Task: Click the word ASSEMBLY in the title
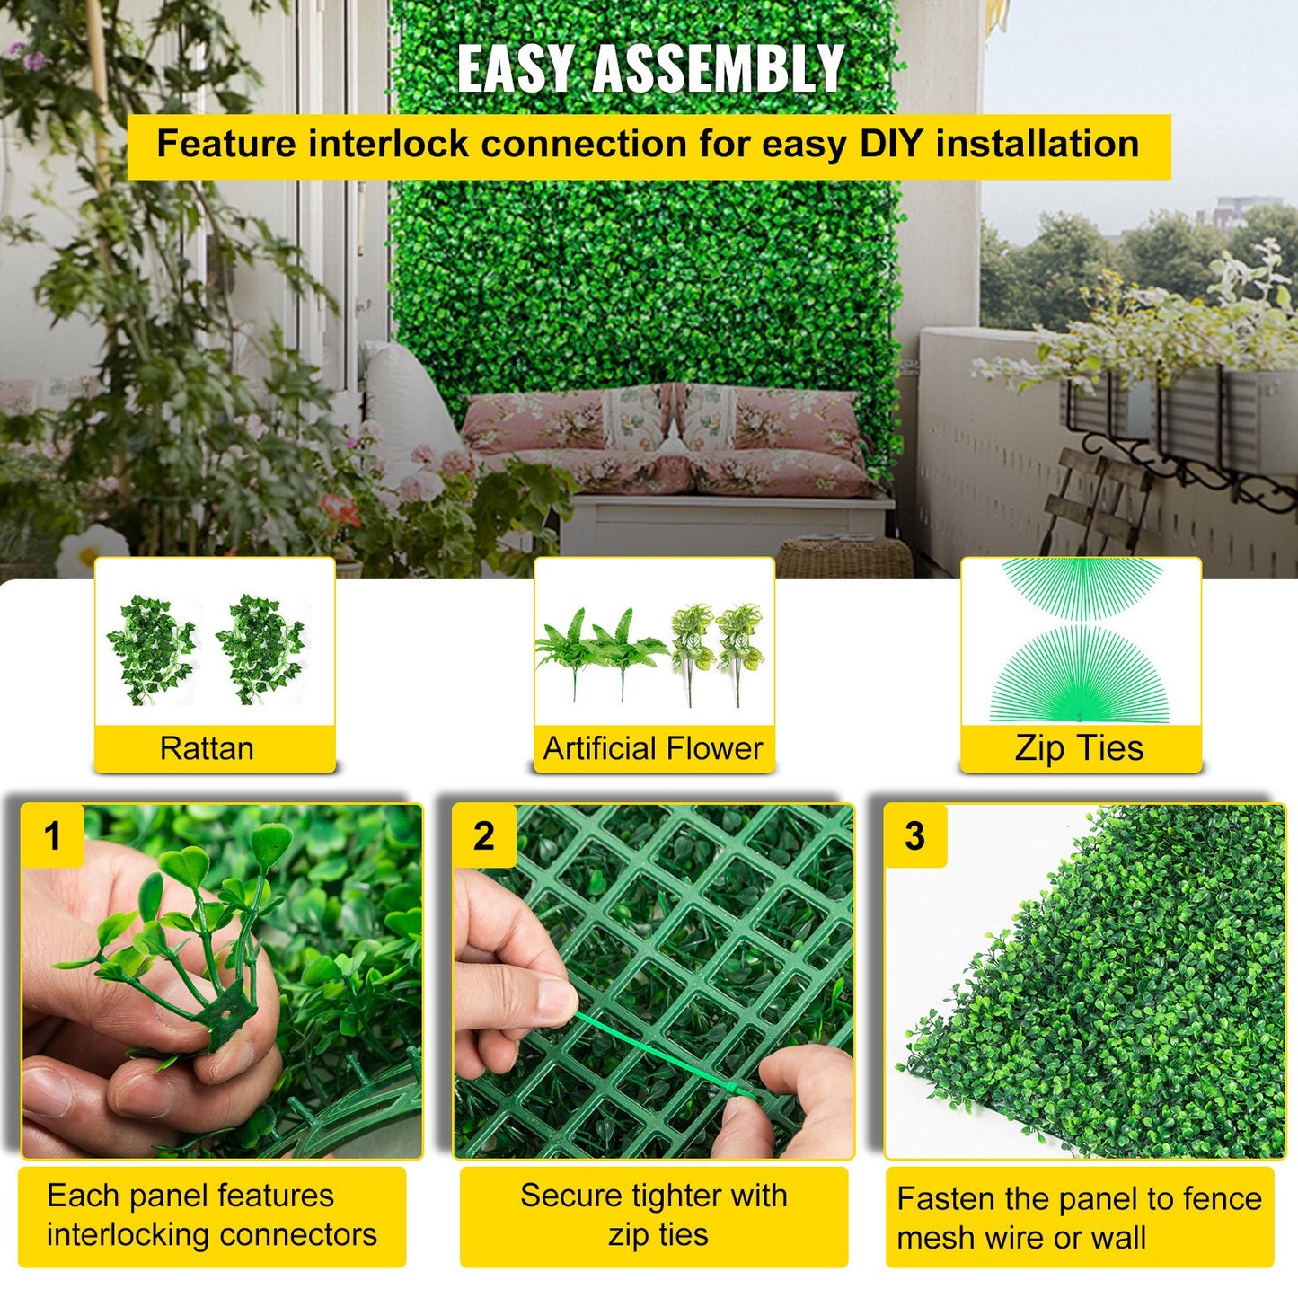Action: click(718, 68)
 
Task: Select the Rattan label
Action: click(207, 748)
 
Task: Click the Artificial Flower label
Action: click(653, 748)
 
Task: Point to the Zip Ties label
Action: click(1079, 748)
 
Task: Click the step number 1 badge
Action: click(52, 835)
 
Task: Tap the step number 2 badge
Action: click(483, 835)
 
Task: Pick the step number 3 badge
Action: click(914, 835)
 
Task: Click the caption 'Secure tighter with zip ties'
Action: click(654, 1215)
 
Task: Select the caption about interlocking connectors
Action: click(212, 1215)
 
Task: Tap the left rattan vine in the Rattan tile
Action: click(151, 649)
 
